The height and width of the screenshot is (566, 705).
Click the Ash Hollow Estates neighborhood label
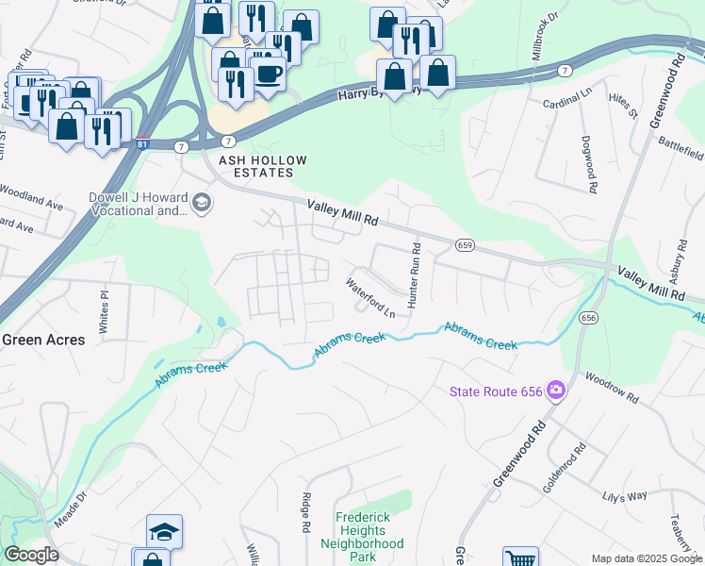pyautogui.click(x=250, y=167)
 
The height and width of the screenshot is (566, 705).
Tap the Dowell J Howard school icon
pyautogui.click(x=202, y=203)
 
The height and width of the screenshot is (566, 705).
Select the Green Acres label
pyautogui.click(x=43, y=340)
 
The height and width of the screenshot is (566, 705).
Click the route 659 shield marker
pyautogui.click(x=464, y=245)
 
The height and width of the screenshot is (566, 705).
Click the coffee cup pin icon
pyautogui.click(x=268, y=74)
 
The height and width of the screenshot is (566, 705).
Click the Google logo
pyautogui.click(x=31, y=555)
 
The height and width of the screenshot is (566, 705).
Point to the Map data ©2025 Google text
pyautogui.click(x=647, y=558)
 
